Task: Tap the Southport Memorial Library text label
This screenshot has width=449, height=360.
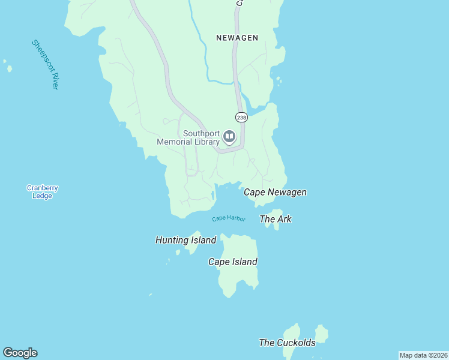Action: pyautogui.click(x=189, y=138)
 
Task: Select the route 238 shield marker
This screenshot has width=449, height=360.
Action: pyautogui.click(x=241, y=118)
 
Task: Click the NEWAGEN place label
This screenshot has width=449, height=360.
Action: pyautogui.click(x=237, y=38)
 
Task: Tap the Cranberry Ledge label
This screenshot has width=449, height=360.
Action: pyautogui.click(x=43, y=192)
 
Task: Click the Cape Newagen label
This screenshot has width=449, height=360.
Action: pyautogui.click(x=275, y=193)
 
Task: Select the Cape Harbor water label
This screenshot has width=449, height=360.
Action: pyautogui.click(x=229, y=219)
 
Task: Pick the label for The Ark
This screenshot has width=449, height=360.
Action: pyautogui.click(x=276, y=220)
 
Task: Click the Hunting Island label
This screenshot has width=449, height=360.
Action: pyautogui.click(x=185, y=241)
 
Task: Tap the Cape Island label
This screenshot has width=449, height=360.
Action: pyautogui.click(x=233, y=262)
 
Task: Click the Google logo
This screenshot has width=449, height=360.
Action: pyautogui.click(x=20, y=353)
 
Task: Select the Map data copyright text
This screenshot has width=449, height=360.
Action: pyautogui.click(x=423, y=355)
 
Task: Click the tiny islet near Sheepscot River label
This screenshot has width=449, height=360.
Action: pyautogui.click(x=9, y=68)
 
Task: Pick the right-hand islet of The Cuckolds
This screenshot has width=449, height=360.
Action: pyautogui.click(x=322, y=334)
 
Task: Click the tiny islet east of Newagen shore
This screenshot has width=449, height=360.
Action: pyautogui.click(x=278, y=79)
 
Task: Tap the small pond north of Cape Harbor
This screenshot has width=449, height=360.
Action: pyautogui.click(x=214, y=196)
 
